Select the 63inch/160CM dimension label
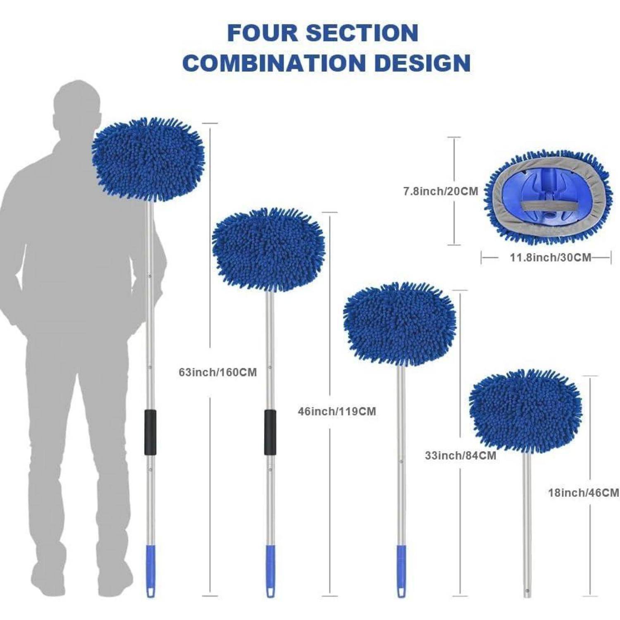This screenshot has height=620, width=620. coord(218,372)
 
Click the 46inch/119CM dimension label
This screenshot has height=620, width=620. coord(337,412)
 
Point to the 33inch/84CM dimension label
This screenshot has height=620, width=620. coord(460,456)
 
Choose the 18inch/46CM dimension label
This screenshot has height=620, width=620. coord(584,493)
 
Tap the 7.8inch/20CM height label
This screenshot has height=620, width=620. coord(441,191)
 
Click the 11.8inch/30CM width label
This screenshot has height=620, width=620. coord(551,257)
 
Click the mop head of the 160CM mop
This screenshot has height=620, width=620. coord(148,159)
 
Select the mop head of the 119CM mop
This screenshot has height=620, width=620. coord(269,250)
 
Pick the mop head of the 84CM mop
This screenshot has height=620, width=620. coord(400,324)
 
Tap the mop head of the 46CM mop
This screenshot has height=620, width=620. coord(526,410)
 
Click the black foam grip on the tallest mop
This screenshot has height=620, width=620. coord(150,432)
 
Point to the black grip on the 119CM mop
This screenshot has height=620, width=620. coord(270,432)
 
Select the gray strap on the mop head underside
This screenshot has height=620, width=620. coord(539,205)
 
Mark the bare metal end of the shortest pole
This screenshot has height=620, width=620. coord(527,591)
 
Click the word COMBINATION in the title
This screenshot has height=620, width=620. coord(272,63)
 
